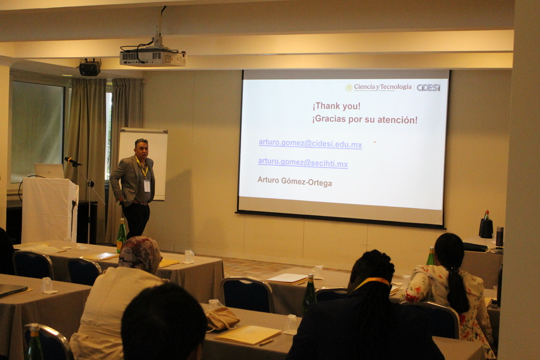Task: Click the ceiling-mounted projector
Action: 152,57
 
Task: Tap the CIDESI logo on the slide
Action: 428,88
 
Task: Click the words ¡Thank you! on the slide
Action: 337,106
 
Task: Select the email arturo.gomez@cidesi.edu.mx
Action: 310,143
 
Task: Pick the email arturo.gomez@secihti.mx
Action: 303,163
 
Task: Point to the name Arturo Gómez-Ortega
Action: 295,181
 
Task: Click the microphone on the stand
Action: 73,161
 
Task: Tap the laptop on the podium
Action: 49,171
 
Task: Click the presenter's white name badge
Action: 147,186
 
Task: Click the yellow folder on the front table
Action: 248,335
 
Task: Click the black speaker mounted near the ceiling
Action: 89,68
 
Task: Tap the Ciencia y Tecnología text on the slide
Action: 383,87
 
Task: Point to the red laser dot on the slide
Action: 374,142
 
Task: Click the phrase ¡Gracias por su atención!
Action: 365,120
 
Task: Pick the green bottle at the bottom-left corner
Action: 35,342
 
